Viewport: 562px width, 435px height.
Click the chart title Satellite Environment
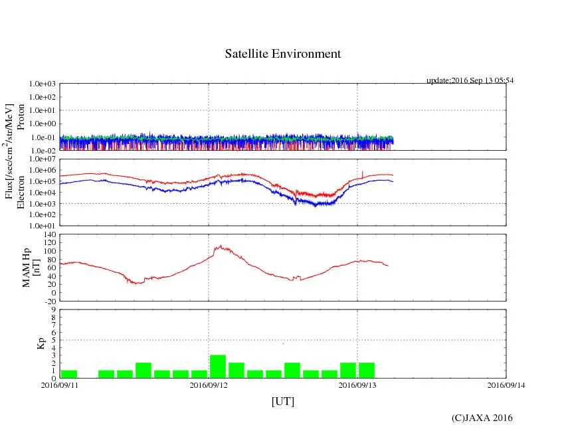click(x=283, y=54)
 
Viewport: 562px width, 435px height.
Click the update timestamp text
click(x=470, y=80)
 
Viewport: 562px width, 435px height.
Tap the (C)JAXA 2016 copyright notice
click(x=482, y=418)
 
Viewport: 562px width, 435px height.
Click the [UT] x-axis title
click(x=283, y=402)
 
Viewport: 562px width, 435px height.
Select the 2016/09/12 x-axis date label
click(x=209, y=385)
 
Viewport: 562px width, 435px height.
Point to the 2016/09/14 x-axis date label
click(x=506, y=385)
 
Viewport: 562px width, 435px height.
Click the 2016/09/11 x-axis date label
click(x=60, y=385)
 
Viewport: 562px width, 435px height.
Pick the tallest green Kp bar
click(x=218, y=367)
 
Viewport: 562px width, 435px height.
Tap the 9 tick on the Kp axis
click(x=54, y=309)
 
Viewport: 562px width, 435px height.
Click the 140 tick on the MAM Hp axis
click(x=49, y=234)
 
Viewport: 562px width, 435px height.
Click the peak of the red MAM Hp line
click(x=220, y=246)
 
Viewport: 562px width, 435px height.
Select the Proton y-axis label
click(x=21, y=118)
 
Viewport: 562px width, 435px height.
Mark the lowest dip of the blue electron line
click(x=316, y=206)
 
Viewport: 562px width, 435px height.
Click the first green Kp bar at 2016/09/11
click(x=69, y=374)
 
